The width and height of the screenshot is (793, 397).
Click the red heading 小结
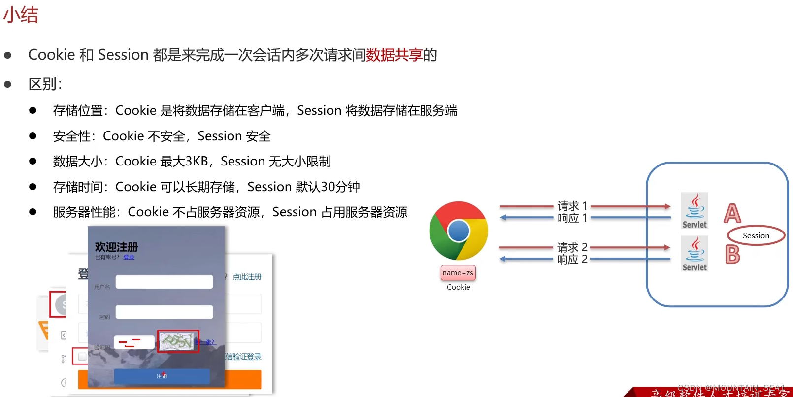21,15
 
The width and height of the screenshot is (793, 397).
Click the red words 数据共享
394,55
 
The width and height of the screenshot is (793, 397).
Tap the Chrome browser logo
459,231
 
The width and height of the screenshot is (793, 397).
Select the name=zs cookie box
458,273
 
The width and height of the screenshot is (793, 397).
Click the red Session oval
756,236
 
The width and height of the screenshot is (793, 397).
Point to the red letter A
732,213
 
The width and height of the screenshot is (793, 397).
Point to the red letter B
732,255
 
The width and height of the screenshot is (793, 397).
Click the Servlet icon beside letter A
694,211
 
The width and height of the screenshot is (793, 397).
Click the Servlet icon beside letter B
694,254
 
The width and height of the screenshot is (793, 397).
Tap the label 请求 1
572,205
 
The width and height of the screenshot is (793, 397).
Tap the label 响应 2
572,260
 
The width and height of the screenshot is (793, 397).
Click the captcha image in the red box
178,341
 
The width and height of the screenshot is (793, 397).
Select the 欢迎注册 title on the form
116,247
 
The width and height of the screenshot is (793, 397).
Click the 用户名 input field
164,282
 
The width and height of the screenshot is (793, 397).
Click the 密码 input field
164,312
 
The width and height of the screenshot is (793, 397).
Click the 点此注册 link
247,277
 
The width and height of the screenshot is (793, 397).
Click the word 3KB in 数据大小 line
197,162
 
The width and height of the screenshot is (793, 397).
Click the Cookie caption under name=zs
458,287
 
